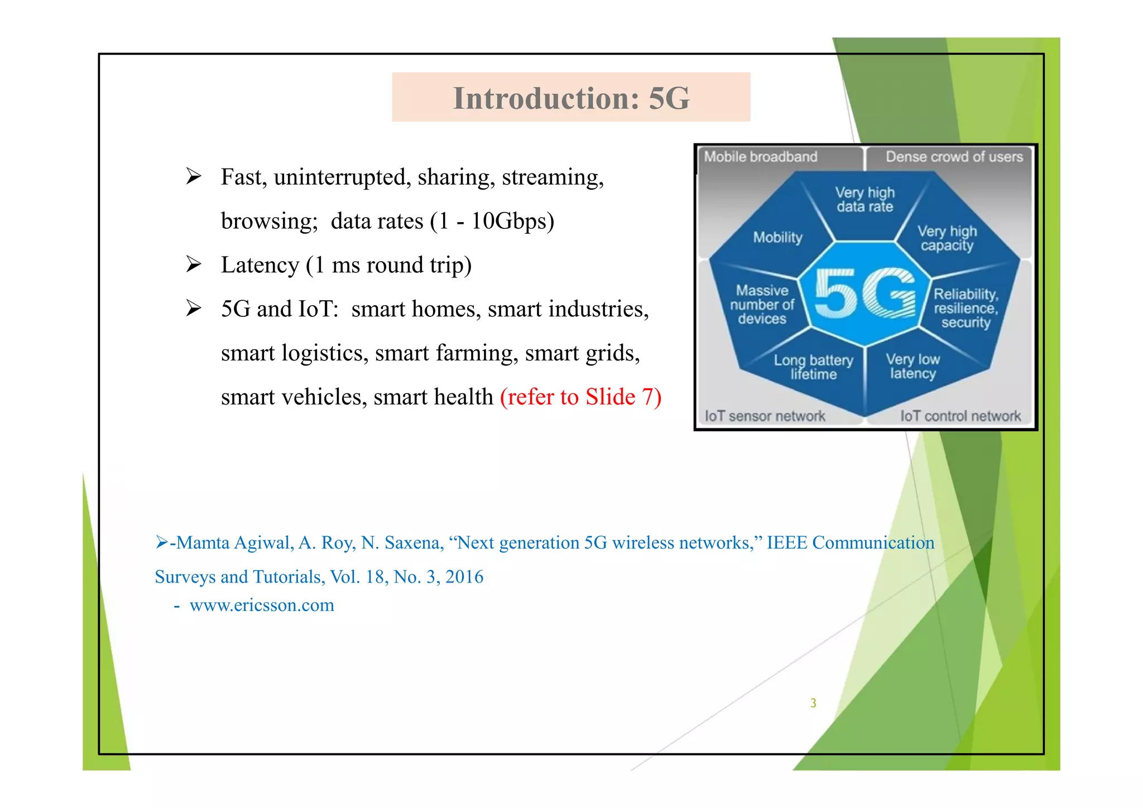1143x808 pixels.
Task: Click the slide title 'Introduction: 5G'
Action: pyautogui.click(x=571, y=98)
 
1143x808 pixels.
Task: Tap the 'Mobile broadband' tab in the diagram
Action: pyautogui.click(x=760, y=157)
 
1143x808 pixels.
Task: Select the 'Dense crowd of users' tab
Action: pyautogui.click(x=954, y=157)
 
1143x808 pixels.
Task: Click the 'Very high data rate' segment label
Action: pyautogui.click(x=865, y=199)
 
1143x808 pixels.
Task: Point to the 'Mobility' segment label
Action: pyautogui.click(x=777, y=237)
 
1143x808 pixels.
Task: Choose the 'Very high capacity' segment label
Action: pyautogui.click(x=947, y=238)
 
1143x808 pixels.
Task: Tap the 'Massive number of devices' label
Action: pyautogui.click(x=762, y=305)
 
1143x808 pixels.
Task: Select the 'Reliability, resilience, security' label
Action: pyautogui.click(x=966, y=308)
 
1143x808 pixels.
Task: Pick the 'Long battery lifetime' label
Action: pyautogui.click(x=813, y=367)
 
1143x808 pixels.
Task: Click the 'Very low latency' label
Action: pyautogui.click(x=913, y=366)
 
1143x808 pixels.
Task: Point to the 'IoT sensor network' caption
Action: pyautogui.click(x=765, y=416)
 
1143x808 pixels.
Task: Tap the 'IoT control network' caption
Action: pyautogui.click(x=960, y=416)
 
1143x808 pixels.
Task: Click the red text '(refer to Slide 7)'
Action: pyautogui.click(x=580, y=397)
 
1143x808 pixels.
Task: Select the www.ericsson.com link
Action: pyautogui.click(x=262, y=605)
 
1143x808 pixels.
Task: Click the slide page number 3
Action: pyautogui.click(x=813, y=703)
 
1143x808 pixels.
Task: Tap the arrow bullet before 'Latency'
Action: pyautogui.click(x=194, y=264)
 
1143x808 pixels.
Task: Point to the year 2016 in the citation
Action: pyautogui.click(x=464, y=576)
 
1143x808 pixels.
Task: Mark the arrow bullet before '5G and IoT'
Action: pyautogui.click(x=194, y=309)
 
